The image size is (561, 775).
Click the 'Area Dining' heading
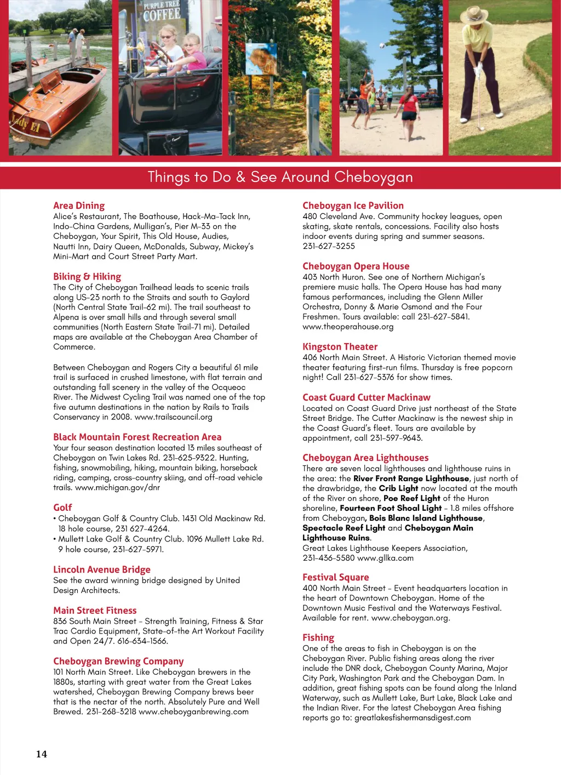pos(79,206)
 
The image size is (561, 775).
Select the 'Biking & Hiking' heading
pos(87,276)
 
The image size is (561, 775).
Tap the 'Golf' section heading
pos(62,508)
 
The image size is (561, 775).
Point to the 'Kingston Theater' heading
pos(340,346)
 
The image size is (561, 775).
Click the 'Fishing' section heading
pos(318,637)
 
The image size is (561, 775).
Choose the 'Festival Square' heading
pos(335,577)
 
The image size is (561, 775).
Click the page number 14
pos(42,754)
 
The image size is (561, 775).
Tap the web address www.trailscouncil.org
pos(173,417)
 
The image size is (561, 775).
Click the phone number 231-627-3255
pos(329,246)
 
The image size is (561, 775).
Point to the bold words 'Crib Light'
pos(398,488)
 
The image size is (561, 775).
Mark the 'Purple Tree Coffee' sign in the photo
pos(162,12)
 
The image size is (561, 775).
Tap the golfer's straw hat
pos(473,14)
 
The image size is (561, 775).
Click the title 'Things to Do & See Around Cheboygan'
pos(280,177)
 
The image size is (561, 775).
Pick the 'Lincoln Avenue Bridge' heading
pos(101,569)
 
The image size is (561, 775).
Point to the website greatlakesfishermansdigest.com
pos(412,718)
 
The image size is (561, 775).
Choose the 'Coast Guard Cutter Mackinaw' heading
pos(366,397)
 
